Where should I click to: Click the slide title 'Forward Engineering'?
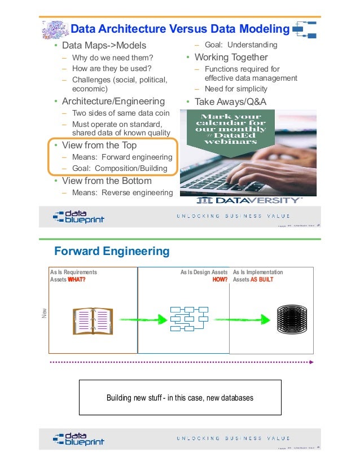111,250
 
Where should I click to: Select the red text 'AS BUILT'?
262,279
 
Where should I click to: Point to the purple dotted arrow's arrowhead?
311,361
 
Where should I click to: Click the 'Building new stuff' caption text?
180,398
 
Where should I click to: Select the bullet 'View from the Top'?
99,145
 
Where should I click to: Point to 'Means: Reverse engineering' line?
122,194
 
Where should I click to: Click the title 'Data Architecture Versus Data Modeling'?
180,29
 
